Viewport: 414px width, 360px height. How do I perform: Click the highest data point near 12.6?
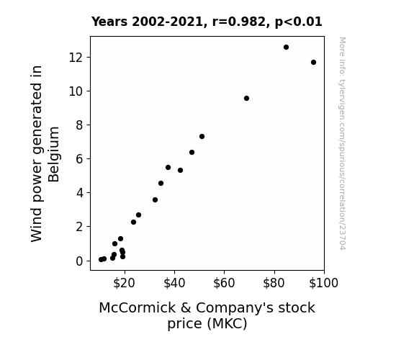tap(286, 48)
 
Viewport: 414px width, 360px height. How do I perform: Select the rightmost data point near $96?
tap(313, 63)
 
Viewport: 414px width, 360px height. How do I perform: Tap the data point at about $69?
tap(246, 98)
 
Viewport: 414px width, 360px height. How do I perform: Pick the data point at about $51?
tap(202, 137)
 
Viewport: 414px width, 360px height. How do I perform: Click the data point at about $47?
tap(192, 153)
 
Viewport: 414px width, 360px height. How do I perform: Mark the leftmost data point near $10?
tap(101, 260)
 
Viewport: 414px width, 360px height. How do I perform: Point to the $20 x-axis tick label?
tap(124, 283)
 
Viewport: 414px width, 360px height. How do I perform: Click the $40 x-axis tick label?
tap(174, 283)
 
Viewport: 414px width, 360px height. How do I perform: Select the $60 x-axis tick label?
tap(224, 283)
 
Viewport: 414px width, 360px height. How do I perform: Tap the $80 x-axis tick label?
tap(274, 283)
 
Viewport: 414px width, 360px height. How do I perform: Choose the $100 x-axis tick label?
tap(323, 283)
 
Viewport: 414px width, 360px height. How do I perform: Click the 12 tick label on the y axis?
tap(76, 58)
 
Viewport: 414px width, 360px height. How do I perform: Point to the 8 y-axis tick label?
tap(79, 125)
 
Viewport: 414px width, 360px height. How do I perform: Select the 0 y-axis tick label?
tap(79, 261)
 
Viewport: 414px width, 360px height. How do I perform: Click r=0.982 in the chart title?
tap(239, 22)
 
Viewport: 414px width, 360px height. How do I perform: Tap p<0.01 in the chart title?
tap(299, 22)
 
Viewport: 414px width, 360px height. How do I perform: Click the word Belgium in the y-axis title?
tap(54, 155)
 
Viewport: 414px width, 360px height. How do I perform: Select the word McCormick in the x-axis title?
tap(137, 307)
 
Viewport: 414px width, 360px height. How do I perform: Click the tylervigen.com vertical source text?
tap(342, 143)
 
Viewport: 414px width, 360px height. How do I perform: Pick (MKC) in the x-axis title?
tap(228, 323)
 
